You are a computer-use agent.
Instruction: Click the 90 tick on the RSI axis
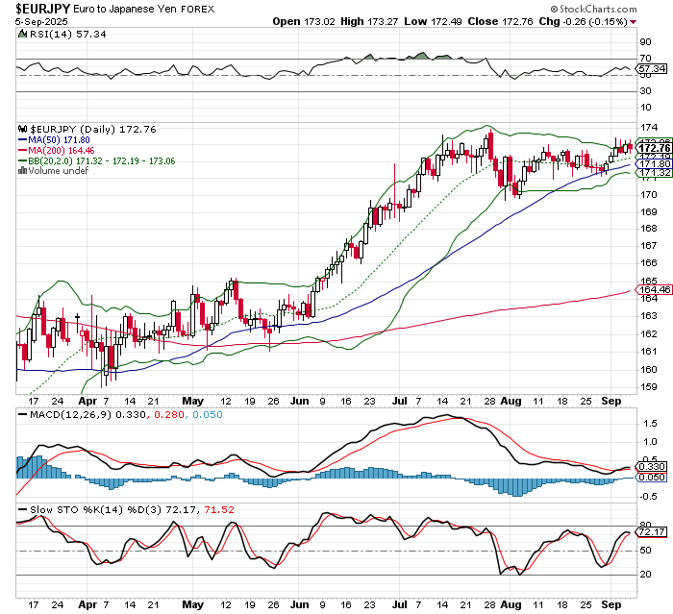click(644, 43)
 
